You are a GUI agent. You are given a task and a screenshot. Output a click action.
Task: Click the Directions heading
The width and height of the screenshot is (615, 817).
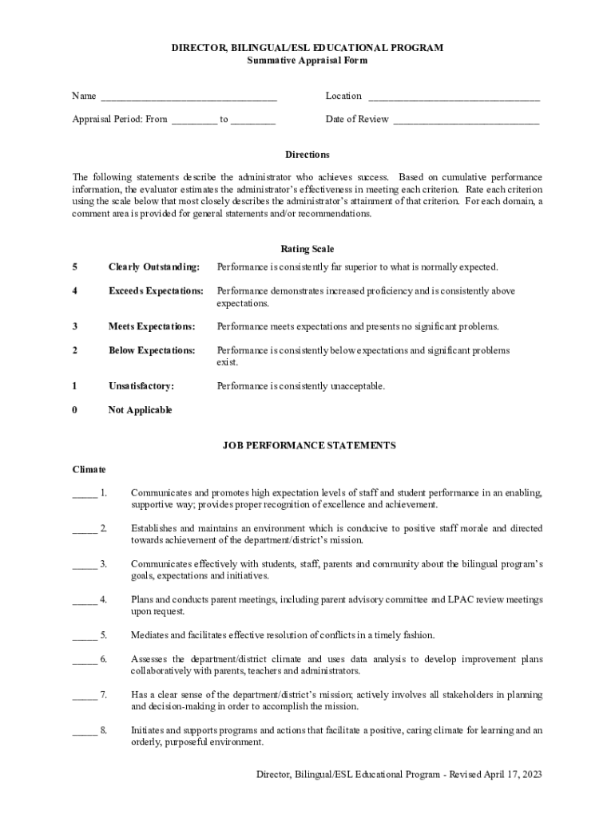pos(307,155)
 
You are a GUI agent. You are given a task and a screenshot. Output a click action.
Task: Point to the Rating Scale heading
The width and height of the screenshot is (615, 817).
pos(307,250)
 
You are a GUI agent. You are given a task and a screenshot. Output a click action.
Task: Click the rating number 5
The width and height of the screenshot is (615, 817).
pos(75,267)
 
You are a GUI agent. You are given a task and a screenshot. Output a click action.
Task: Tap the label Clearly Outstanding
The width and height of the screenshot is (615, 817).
pos(153,267)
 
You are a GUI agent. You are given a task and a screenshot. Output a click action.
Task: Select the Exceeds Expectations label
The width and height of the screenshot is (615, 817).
pos(156,291)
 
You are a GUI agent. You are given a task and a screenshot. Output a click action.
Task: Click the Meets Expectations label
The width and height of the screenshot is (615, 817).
pos(152,327)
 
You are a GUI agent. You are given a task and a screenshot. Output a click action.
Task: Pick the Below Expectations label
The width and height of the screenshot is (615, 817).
pos(152,351)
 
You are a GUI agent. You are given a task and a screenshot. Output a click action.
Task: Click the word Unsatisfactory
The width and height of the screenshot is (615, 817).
pos(141,387)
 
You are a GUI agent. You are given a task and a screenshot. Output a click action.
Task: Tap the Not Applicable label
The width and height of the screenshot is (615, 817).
pos(140,411)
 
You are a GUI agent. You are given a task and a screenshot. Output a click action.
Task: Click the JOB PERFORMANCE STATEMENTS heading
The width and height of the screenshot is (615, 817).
pos(308,446)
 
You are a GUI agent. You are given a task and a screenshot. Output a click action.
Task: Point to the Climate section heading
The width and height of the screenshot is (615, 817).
pos(89,470)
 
